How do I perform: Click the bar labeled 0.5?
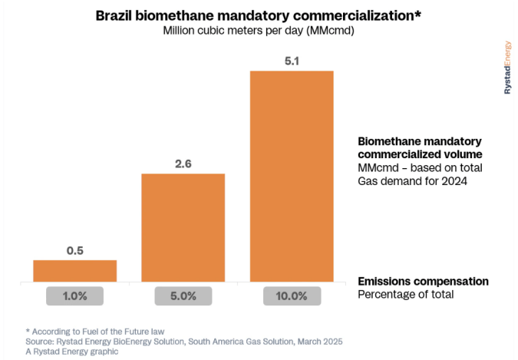pyautogui.click(x=74, y=270)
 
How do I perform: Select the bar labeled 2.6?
pyautogui.click(x=183, y=227)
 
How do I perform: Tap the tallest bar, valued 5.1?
pyautogui.click(x=291, y=176)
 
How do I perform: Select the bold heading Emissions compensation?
pyautogui.click(x=423, y=281)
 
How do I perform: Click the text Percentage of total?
pyautogui.click(x=405, y=294)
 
